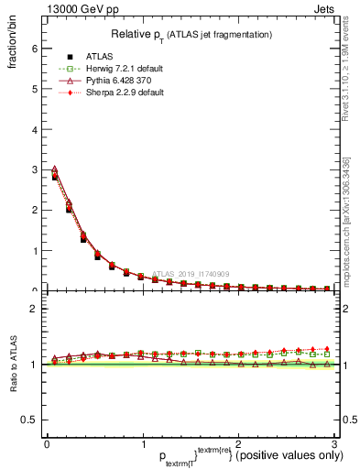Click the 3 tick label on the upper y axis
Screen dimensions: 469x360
[x=34, y=169]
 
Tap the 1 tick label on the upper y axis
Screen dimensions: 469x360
[x=34, y=250]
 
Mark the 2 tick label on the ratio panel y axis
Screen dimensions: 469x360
[x=34, y=309]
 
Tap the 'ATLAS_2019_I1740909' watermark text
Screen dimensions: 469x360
[x=192, y=273]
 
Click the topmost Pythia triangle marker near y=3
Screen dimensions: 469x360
[x=54, y=169]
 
